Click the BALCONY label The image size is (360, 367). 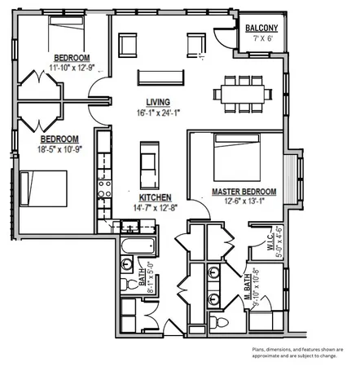coord(261,29)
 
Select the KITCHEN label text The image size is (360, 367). coord(154,198)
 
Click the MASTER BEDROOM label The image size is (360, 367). coord(244,192)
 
